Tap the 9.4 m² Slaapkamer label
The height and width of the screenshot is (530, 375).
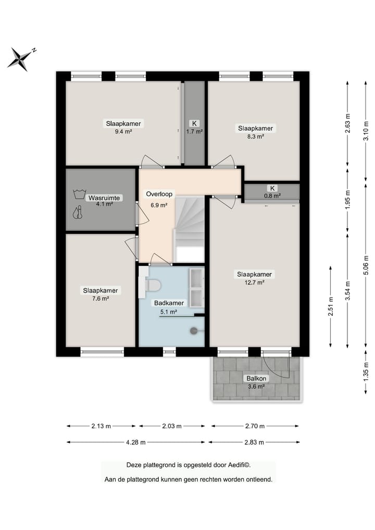[x=123, y=128]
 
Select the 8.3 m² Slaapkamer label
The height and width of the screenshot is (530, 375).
[x=255, y=132]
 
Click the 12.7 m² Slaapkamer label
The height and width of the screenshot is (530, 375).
[x=254, y=278]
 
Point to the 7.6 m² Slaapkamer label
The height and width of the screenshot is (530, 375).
[x=101, y=294]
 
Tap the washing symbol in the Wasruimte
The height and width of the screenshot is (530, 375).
[x=79, y=194]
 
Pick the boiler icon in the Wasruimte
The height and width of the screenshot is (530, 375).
[x=78, y=213]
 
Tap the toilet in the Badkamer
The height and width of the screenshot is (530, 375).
[x=152, y=285]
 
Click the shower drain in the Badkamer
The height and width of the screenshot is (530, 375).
[x=194, y=330]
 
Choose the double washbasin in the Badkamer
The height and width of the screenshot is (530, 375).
[x=196, y=288]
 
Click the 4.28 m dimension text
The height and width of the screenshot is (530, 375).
[x=135, y=442]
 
